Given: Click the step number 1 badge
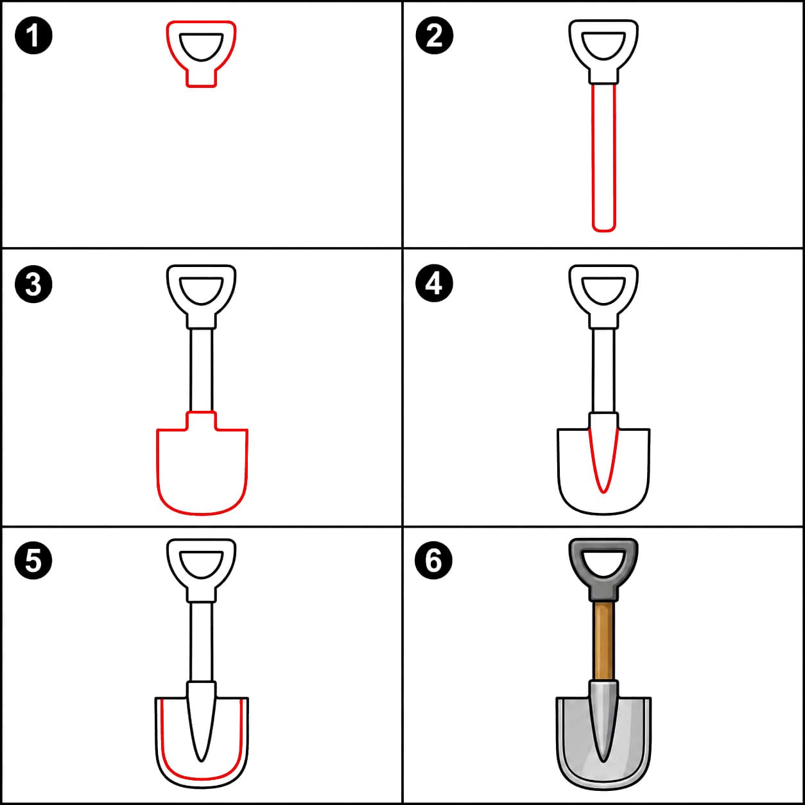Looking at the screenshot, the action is [33, 35].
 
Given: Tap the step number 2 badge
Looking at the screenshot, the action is [434, 35].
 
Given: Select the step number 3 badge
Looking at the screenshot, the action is [33, 284].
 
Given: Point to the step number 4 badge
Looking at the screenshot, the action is [434, 284].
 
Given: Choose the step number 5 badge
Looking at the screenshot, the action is [33, 560].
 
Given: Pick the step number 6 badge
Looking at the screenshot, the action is [434, 560].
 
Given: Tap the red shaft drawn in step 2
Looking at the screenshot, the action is [593, 159].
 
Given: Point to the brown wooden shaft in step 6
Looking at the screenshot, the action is [603, 641].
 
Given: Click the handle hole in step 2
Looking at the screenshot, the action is [603, 44].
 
